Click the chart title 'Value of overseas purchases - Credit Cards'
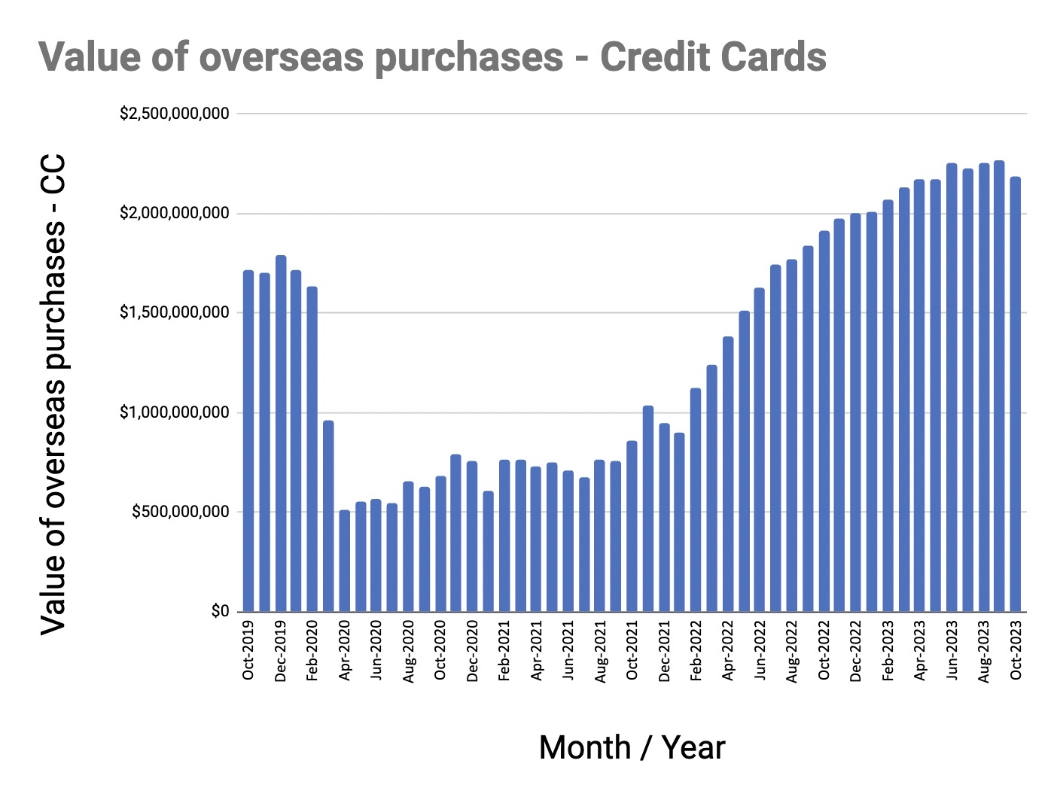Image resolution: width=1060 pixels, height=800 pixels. [432, 57]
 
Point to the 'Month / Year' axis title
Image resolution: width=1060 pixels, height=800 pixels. [632, 747]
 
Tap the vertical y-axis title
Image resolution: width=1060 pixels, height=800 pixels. [53, 394]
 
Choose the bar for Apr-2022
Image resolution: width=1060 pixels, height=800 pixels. [728, 474]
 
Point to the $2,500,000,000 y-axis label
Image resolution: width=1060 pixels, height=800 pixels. [175, 114]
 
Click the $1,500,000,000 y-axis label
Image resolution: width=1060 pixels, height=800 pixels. [175, 312]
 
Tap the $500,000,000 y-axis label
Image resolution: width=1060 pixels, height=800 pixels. [181, 512]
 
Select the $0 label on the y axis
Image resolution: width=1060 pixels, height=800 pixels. [221, 611]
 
